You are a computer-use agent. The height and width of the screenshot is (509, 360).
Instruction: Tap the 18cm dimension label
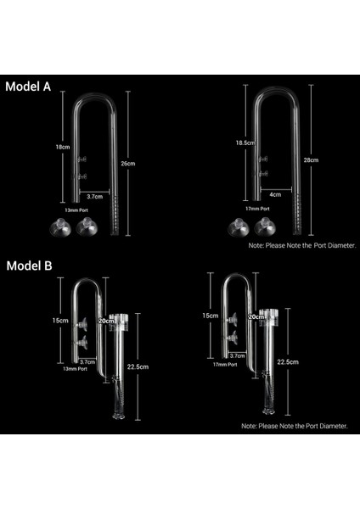pyautogui.click(x=62, y=147)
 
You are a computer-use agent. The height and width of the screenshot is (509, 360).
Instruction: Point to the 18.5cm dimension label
pyautogui.click(x=245, y=143)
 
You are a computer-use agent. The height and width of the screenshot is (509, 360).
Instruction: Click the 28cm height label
pyautogui.click(x=311, y=159)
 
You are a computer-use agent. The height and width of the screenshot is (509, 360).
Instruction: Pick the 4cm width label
pyautogui.click(x=274, y=194)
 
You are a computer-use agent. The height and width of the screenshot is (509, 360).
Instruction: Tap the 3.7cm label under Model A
pyautogui.click(x=95, y=196)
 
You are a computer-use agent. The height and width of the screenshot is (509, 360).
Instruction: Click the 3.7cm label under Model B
pyautogui.click(x=86, y=361)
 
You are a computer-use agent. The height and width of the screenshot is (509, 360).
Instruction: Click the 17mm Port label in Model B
pyautogui.click(x=227, y=366)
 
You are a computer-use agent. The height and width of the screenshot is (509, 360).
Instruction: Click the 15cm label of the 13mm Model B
pyautogui.click(x=59, y=321)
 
